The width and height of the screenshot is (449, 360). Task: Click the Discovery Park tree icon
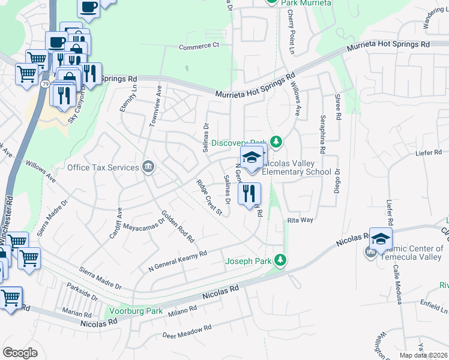(276, 142)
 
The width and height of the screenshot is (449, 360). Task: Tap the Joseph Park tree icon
(279, 260)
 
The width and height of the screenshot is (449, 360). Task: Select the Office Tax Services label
(103, 167)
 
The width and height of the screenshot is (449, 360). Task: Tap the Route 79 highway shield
(46, 85)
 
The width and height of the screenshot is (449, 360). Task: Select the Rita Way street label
(300, 220)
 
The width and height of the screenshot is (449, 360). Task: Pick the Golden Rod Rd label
(178, 226)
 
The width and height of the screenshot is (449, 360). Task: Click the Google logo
(20, 353)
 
